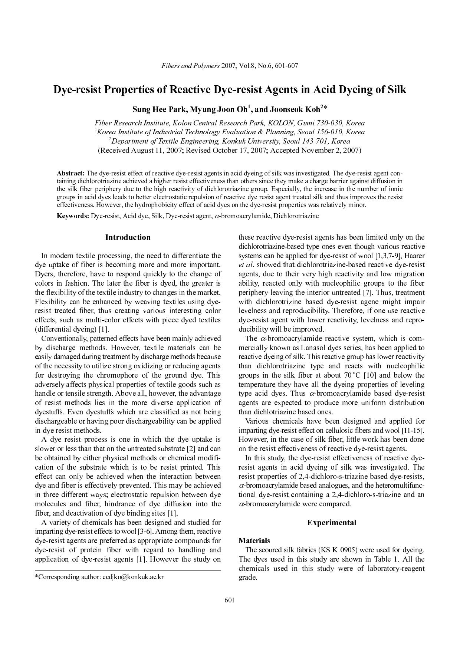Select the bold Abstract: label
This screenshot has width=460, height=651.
[x=70, y=173]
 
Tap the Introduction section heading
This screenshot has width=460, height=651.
[x=128, y=237]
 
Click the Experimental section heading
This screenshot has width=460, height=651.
[x=331, y=523]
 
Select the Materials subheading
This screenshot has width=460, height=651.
[x=254, y=540]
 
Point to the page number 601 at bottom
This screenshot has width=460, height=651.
[x=230, y=600]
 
